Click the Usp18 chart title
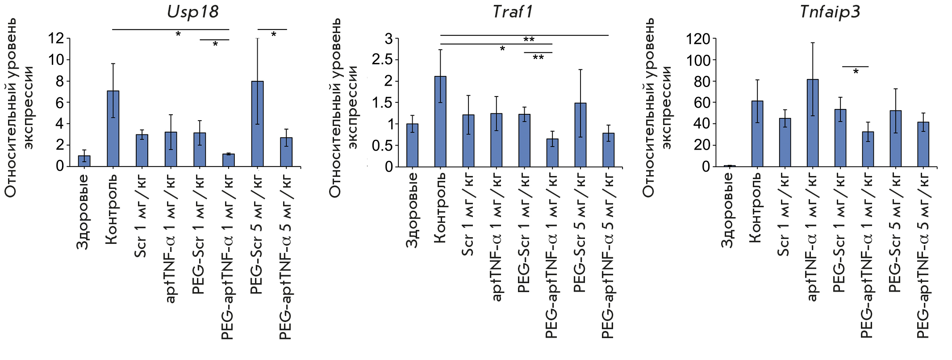coord(193,12)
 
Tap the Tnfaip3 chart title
coord(830,12)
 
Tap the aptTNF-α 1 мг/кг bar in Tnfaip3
coord(813,123)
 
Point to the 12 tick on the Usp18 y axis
coord(56,38)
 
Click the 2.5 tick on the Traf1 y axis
coord(382,60)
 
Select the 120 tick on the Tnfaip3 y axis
coord(698,39)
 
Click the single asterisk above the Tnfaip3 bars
coord(856,72)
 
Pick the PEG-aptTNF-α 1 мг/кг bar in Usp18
coord(229,160)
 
